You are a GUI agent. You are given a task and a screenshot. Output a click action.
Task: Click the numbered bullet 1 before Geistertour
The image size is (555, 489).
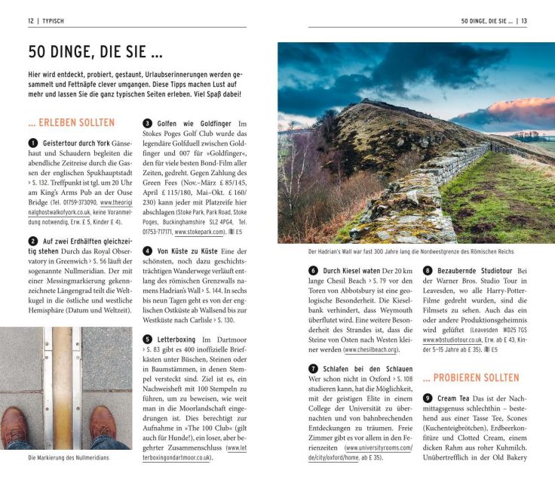tap(32, 143)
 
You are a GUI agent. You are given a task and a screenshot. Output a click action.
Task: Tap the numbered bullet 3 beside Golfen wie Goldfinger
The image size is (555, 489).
tap(148, 123)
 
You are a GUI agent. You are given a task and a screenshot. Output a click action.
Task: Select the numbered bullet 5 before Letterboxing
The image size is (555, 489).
tap(148, 340)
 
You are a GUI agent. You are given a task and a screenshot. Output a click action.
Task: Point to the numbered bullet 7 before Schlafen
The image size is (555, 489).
tap(313, 368)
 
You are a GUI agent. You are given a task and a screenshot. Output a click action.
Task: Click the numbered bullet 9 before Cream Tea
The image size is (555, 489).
tap(428, 398)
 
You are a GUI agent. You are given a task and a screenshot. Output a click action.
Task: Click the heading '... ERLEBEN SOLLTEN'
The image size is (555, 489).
tap(71, 122)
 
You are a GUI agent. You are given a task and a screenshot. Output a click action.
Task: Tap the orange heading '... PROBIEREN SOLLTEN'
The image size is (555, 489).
tap(471, 377)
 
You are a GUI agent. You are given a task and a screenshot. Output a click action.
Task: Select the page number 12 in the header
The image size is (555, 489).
tap(31, 20)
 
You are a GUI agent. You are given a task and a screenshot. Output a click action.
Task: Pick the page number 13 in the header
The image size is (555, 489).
tap(523, 20)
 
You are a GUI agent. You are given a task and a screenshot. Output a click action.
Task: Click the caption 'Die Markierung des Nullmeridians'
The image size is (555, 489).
tap(69, 457)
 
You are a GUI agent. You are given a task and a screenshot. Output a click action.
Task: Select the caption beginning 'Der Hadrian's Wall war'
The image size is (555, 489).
tap(411, 252)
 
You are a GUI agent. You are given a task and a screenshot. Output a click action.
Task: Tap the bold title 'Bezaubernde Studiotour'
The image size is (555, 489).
tap(474, 270)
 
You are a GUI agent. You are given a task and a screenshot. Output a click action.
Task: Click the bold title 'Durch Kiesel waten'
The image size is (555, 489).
tap(351, 270)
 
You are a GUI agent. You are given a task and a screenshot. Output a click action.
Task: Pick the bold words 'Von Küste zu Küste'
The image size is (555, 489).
tap(189, 251)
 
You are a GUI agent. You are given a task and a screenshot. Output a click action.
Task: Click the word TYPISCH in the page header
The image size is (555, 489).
tap(54, 20)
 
